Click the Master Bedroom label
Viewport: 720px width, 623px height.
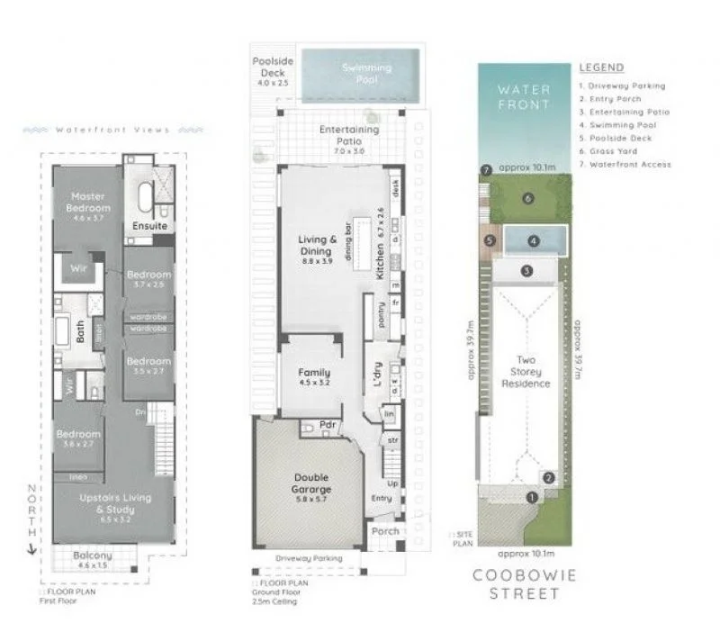pyautogui.click(x=88, y=202)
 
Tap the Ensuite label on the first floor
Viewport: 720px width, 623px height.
pyautogui.click(x=149, y=226)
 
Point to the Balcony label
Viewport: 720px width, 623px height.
pyautogui.click(x=94, y=559)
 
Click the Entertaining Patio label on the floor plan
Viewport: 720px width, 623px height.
pyautogui.click(x=349, y=135)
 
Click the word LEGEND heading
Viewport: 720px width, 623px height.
pyautogui.click(x=601, y=68)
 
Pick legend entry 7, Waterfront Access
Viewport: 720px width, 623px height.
pyautogui.click(x=625, y=164)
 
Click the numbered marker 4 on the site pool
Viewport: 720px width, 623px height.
pyautogui.click(x=533, y=241)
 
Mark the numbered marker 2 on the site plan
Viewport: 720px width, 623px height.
pyautogui.click(x=548, y=478)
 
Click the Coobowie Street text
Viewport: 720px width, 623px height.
pyautogui.click(x=526, y=584)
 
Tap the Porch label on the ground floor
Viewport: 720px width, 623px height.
pyautogui.click(x=385, y=530)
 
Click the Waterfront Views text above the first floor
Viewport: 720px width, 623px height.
pyautogui.click(x=112, y=130)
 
